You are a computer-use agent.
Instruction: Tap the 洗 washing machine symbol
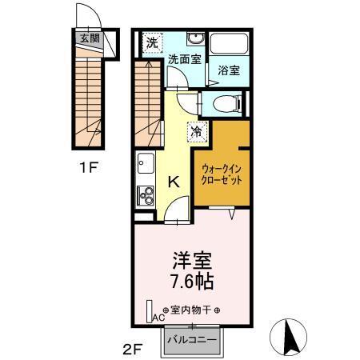pos(151,42)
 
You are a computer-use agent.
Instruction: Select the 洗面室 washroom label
pos(183,59)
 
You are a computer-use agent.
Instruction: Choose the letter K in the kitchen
pos(172,182)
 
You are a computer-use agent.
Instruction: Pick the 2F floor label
pos(131,349)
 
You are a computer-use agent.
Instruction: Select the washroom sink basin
pos(194,39)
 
